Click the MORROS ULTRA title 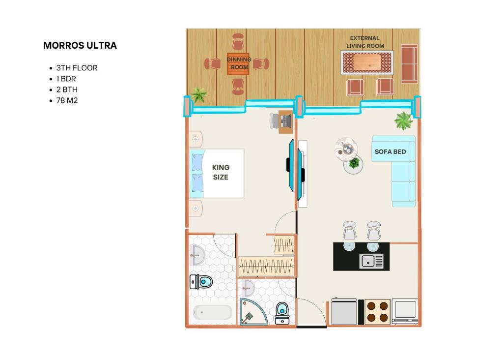tap(80, 46)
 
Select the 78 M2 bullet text tap(67, 100)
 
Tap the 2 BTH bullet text tap(67, 90)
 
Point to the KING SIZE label tap(221, 172)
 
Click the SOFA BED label tap(390, 151)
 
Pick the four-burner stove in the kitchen tap(378, 311)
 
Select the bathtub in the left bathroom tap(212, 312)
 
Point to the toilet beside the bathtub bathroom tap(201, 282)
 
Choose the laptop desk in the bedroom tap(285, 121)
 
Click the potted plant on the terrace tap(199, 95)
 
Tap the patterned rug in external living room tap(367, 62)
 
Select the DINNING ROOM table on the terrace tap(238, 64)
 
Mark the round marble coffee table tap(346, 149)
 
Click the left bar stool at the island tap(349, 231)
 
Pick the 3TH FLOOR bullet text tap(77, 68)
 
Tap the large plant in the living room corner tap(403, 120)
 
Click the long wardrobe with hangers tap(266, 266)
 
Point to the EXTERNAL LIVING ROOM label tap(365, 42)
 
